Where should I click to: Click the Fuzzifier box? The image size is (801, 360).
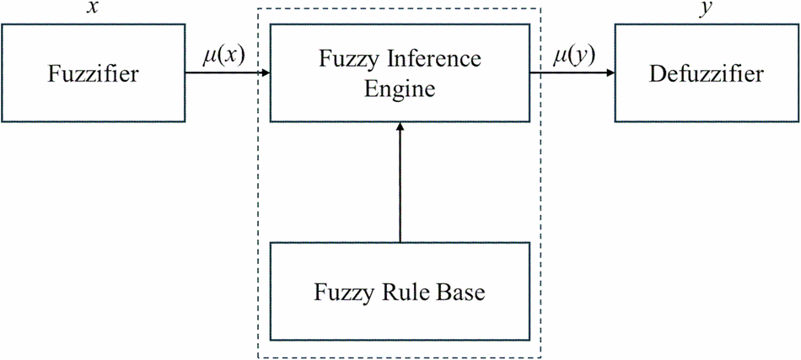[93, 74]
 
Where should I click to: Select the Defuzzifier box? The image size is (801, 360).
[707, 74]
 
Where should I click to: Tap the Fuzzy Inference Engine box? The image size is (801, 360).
[400, 74]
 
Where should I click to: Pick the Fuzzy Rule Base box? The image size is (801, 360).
[400, 293]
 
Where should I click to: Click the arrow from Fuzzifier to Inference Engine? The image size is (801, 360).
[228, 74]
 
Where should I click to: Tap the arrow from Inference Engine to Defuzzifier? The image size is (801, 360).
[573, 74]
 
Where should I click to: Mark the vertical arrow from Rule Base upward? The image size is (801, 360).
[400, 181]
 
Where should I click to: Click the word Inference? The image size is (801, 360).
[436, 60]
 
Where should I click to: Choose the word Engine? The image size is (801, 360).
[400, 88]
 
